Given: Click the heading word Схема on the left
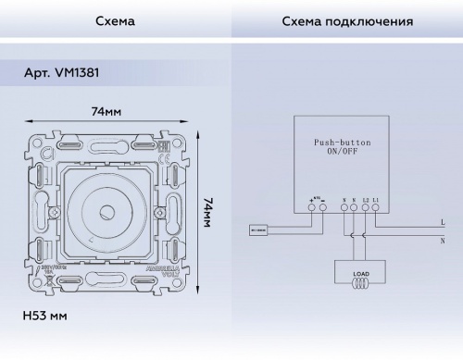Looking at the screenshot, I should click(x=115, y=20).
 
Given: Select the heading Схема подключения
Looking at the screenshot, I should click(x=347, y=20).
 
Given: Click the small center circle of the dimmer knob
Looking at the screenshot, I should click(x=106, y=212).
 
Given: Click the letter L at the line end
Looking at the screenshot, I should click(x=443, y=223).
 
